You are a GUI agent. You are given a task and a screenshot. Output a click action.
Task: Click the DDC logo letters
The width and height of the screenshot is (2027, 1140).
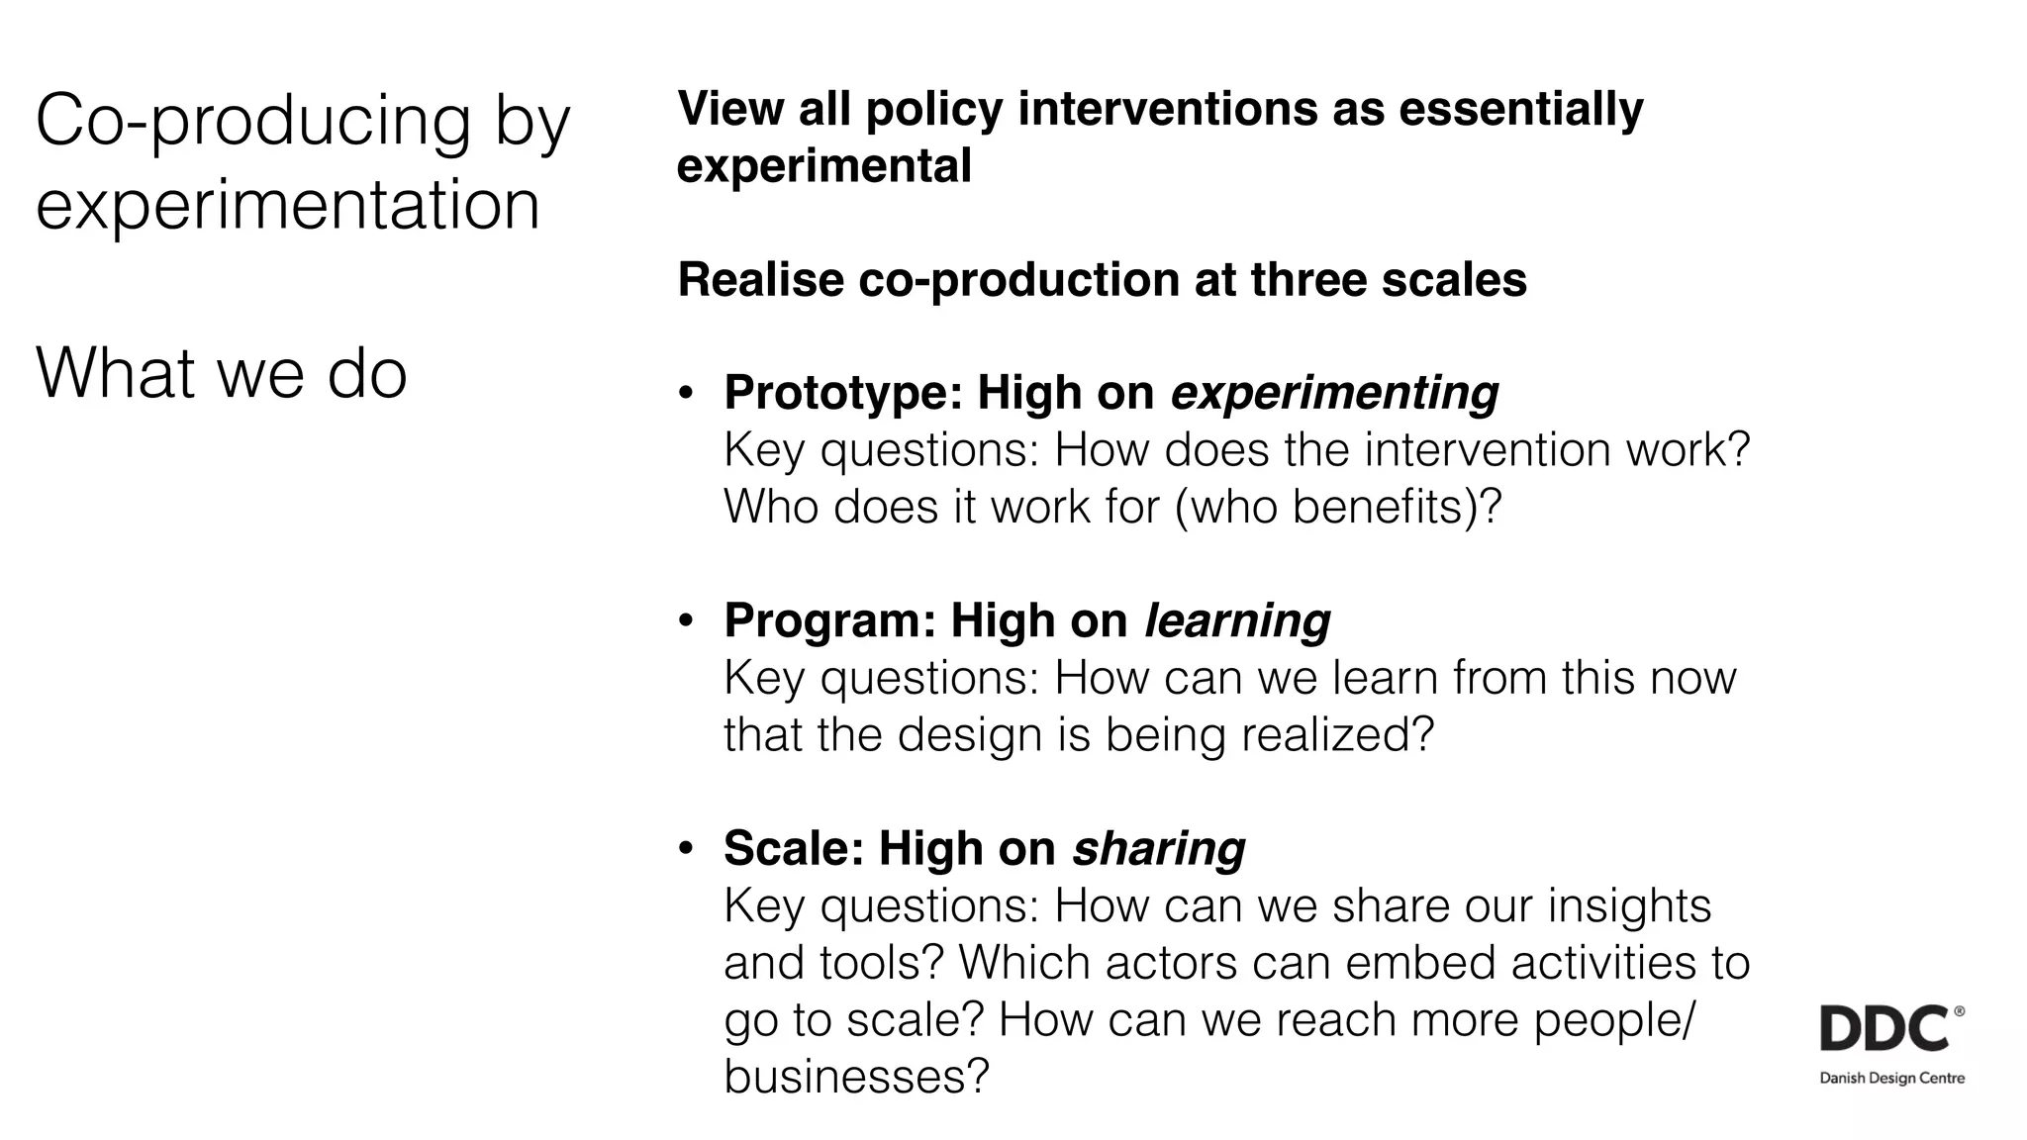tap(1884, 1029)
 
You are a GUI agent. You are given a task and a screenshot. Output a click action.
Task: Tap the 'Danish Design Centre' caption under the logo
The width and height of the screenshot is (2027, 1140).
tap(1891, 1079)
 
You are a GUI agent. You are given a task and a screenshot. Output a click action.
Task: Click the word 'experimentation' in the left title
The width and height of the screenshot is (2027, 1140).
tap(287, 204)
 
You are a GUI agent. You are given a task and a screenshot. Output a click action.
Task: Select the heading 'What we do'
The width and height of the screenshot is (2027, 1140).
tap(222, 373)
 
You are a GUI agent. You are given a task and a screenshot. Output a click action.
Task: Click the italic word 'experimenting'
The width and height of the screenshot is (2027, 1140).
tap(1334, 393)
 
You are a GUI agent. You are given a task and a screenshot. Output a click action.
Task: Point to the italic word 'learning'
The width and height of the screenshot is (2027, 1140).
tap(1237, 620)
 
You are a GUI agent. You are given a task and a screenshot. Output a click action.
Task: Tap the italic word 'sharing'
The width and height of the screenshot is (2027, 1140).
tap(1158, 848)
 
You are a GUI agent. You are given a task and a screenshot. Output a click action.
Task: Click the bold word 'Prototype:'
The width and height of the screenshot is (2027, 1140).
tap(843, 393)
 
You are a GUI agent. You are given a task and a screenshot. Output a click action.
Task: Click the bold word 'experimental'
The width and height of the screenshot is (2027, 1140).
tap(823, 165)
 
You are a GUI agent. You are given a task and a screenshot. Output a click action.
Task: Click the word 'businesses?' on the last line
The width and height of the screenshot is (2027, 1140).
tap(856, 1076)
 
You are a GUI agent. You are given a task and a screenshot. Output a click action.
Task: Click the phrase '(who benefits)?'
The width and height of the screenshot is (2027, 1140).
tap(1337, 507)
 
